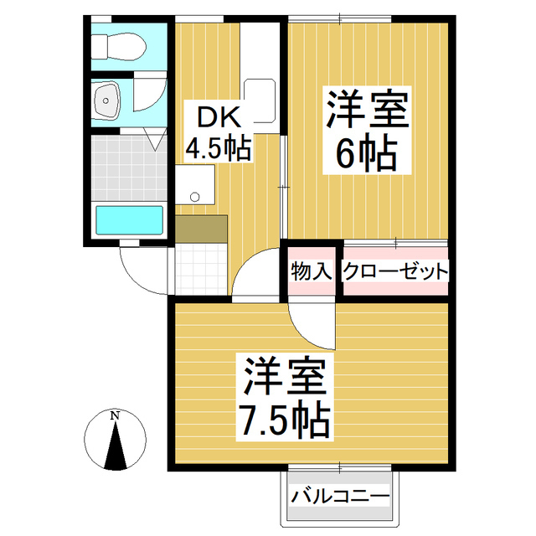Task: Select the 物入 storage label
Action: (x=311, y=271)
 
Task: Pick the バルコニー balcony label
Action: (x=340, y=496)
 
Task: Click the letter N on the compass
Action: (x=116, y=415)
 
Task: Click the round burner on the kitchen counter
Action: (x=195, y=198)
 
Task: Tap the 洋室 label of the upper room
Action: (x=366, y=110)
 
